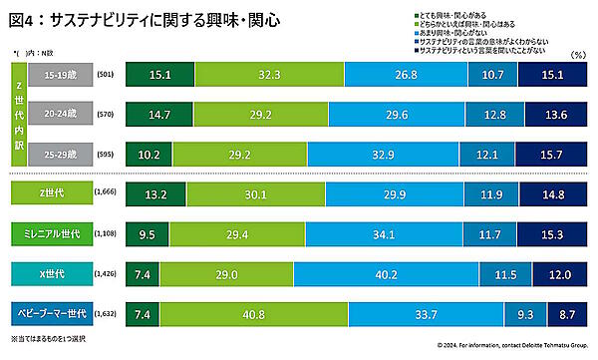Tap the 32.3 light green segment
[259, 75]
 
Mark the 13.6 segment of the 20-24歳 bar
[558, 115]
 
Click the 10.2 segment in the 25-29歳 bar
[149, 155]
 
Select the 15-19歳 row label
[63, 75]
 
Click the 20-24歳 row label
[63, 115]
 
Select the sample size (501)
[106, 75]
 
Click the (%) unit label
[577, 56]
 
